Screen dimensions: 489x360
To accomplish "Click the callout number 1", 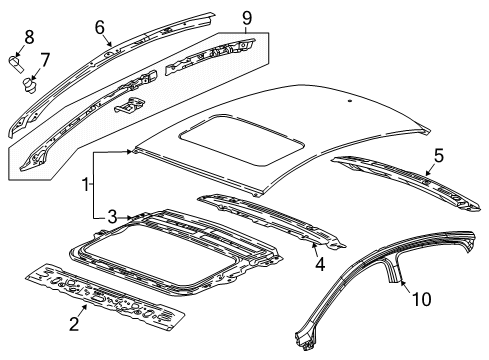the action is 86,184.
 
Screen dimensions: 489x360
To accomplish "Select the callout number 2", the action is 74,324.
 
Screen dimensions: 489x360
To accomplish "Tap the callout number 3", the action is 112,217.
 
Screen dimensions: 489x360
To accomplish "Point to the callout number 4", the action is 320,264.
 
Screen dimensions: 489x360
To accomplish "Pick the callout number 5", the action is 439,156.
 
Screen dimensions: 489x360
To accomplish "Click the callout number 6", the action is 100,27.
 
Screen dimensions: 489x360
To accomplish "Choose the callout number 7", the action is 45,60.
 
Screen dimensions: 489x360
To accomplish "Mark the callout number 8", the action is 29,37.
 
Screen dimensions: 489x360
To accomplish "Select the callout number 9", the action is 247,18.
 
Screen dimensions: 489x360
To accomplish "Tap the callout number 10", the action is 422,299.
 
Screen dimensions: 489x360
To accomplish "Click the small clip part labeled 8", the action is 16,63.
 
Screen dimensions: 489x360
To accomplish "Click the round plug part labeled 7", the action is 29,85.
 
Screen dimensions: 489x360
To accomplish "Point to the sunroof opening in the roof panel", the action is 241,141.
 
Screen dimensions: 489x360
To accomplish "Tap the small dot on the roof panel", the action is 349,101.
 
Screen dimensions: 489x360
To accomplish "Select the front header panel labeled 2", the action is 105,298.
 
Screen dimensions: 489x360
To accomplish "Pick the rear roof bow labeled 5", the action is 406,182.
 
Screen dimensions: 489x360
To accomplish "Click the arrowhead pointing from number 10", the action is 401,283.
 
